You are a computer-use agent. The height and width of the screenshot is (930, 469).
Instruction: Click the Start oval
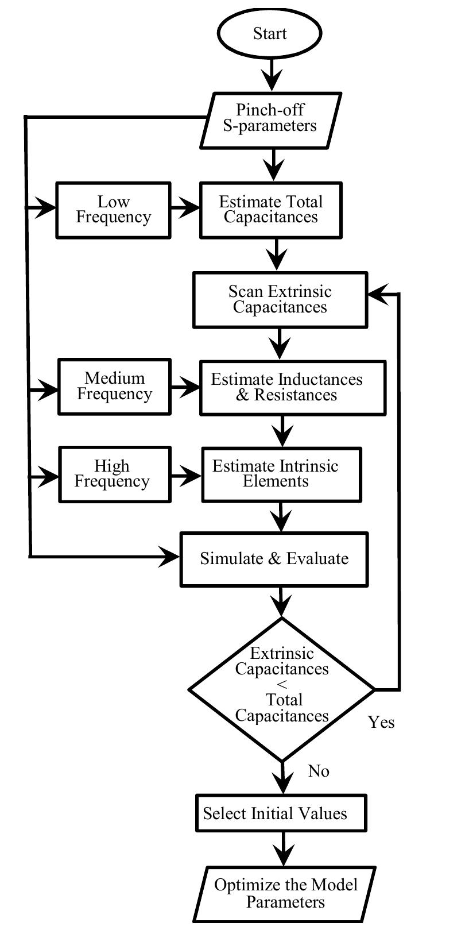[269, 33]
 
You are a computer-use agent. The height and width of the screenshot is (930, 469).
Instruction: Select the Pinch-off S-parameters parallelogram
[270, 119]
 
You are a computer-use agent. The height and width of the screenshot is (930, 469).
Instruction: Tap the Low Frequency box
[113, 210]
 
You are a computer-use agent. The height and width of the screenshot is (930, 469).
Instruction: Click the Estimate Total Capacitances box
[270, 210]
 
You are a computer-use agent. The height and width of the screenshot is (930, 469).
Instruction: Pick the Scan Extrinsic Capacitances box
[280, 299]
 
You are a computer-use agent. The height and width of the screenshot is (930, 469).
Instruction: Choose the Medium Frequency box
[114, 387]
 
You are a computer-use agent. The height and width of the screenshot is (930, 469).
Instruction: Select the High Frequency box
[115, 474]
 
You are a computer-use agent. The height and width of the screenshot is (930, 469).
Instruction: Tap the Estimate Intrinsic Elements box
[281, 474]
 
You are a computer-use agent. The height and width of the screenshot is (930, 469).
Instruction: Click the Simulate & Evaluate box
[274, 559]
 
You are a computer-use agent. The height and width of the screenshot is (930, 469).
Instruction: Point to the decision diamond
[281, 689]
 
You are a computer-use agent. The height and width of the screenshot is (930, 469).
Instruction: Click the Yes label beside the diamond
[381, 722]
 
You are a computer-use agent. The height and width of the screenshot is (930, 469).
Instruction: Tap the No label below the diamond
[319, 771]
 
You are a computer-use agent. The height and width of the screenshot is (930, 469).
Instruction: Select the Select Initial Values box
[281, 813]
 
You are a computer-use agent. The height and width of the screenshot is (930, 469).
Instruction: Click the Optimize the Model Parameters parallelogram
[285, 893]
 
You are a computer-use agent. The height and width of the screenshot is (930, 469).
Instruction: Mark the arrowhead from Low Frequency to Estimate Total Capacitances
[189, 209]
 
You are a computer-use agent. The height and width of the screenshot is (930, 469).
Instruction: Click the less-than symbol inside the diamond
[282, 685]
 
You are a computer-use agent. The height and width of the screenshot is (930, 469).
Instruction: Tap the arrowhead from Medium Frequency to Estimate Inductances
[189, 388]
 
